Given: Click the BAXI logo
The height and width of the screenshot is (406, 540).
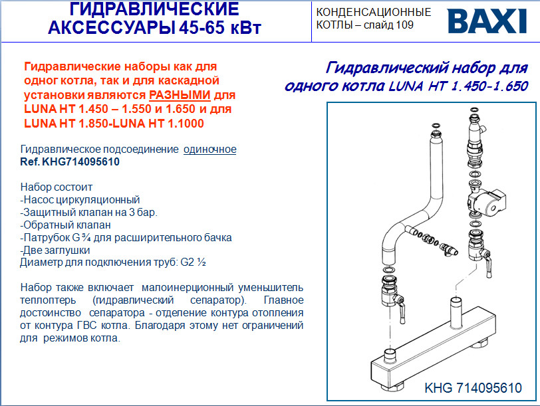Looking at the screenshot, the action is click(487, 21).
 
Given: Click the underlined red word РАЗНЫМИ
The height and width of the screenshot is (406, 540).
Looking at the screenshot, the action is click(180, 94).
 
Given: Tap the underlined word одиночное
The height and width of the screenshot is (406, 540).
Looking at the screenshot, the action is click(209, 150).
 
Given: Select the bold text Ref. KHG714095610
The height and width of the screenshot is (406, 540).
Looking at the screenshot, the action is click(70, 161).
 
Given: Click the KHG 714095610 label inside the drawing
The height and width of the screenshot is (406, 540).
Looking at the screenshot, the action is click(473, 388).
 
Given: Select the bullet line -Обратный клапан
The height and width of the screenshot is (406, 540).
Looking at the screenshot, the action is click(65, 225).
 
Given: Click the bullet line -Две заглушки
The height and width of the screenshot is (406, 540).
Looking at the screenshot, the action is click(55, 250).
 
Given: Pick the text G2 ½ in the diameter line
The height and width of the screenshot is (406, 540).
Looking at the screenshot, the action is click(194, 262).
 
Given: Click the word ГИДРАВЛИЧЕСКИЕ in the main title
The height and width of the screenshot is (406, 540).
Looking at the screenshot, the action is click(154, 9).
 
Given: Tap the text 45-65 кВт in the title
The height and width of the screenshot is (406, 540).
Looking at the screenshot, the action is click(220, 27).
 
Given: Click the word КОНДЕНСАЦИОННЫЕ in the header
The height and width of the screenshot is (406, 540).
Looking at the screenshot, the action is click(374, 12).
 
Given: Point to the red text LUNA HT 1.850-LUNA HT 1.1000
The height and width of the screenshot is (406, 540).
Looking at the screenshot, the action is click(114, 123).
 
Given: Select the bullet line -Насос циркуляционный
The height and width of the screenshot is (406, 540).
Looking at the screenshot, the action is click(80, 200).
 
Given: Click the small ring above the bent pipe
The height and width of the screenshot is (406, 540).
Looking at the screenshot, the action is click(436, 126).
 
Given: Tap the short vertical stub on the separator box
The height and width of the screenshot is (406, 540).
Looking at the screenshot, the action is click(456, 312).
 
